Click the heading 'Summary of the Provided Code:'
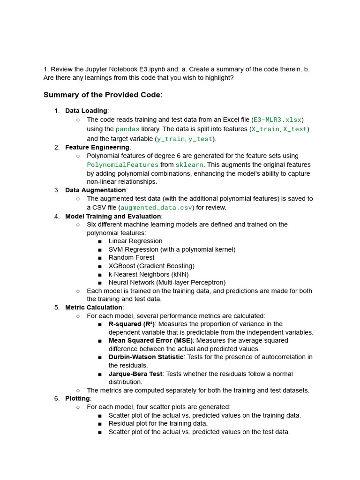coord(103,95)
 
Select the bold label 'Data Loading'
coord(86,111)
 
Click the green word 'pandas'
coord(127,129)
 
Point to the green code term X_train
coord(265,129)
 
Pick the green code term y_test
coord(200,139)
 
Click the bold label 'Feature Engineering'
coord(97,147)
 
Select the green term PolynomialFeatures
coord(123,165)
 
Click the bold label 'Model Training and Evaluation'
coord(113,216)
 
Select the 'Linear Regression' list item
coord(135,241)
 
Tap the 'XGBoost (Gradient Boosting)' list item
coord(151,266)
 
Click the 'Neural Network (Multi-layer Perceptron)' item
coord(167,282)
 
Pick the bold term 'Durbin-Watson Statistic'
coord(146,357)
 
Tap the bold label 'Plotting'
coord(77,398)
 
